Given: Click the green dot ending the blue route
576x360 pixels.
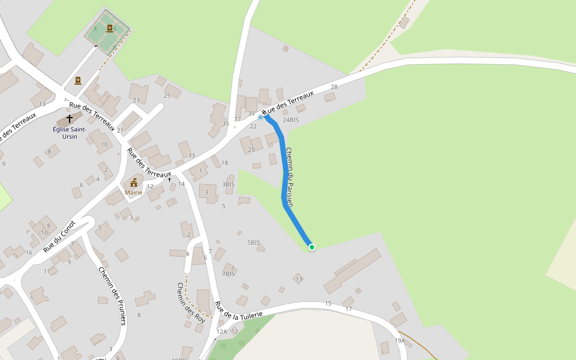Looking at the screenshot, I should [312, 247].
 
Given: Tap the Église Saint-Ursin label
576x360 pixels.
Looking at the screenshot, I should [70, 133].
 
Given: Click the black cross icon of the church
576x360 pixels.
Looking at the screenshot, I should [70, 119].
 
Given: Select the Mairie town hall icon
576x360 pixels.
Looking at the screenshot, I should [133, 182].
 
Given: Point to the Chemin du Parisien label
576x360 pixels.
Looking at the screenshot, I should [289, 177].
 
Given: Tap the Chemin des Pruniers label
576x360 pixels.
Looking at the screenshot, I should [112, 296].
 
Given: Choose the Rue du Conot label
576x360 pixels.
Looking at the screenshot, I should [59, 236].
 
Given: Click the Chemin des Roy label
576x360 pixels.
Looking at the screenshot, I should [191, 303].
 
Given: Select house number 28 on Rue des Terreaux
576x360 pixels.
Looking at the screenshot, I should [334, 87].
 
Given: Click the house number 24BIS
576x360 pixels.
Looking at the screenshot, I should [290, 120].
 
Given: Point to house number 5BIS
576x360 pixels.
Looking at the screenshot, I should [254, 243].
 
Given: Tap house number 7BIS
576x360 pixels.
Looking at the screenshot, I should [229, 274].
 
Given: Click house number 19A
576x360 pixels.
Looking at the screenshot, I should [400, 341].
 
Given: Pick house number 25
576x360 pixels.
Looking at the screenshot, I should [167, 95].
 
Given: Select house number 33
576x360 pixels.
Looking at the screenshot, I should [191, 155].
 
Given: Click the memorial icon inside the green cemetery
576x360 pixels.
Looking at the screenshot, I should [110, 28].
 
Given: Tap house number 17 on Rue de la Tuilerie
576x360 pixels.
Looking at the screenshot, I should [349, 309].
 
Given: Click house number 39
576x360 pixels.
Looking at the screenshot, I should [251, 113].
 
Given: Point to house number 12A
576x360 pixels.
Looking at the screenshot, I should [222, 332].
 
